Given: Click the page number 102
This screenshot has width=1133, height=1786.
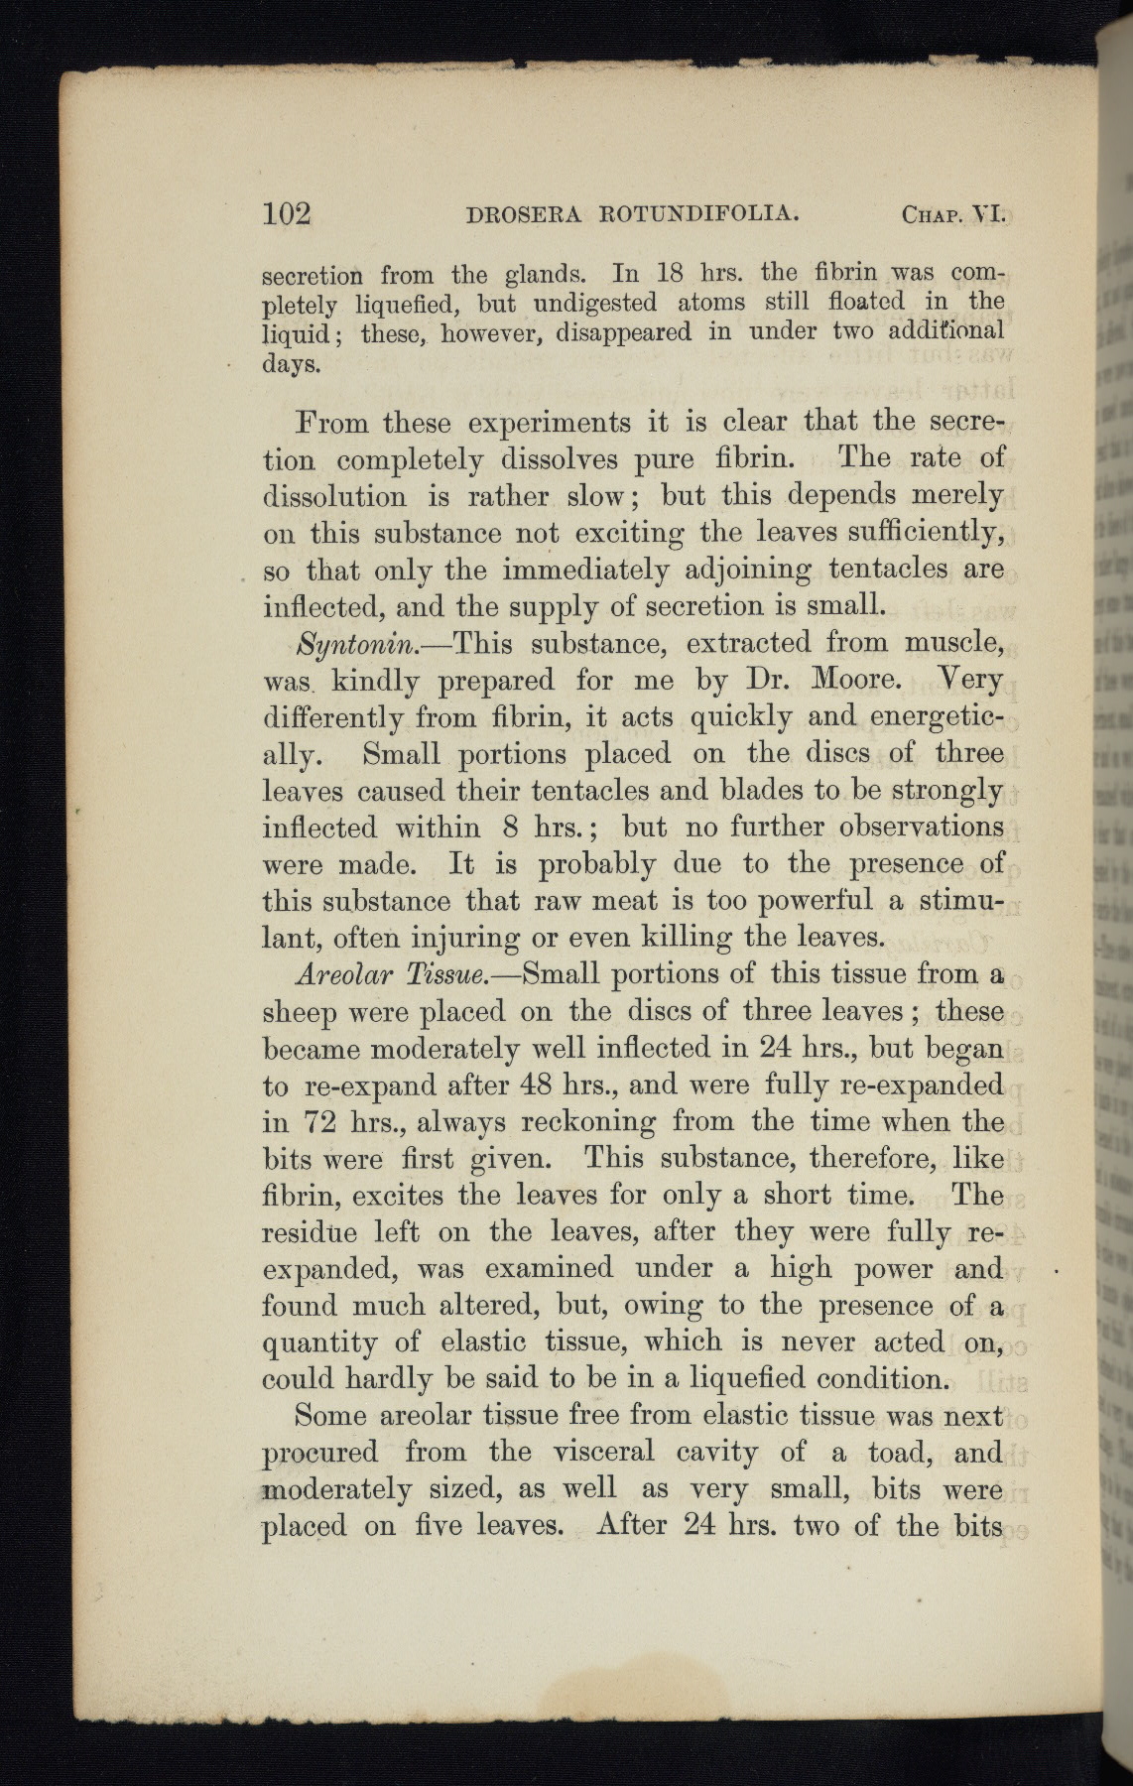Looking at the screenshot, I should coord(288,213).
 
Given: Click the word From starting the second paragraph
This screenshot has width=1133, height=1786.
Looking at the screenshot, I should coord(332,423).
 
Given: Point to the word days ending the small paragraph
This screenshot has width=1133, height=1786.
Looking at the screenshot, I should coord(292,363).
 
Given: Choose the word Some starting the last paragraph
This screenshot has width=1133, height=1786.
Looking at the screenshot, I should coord(332,1416).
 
